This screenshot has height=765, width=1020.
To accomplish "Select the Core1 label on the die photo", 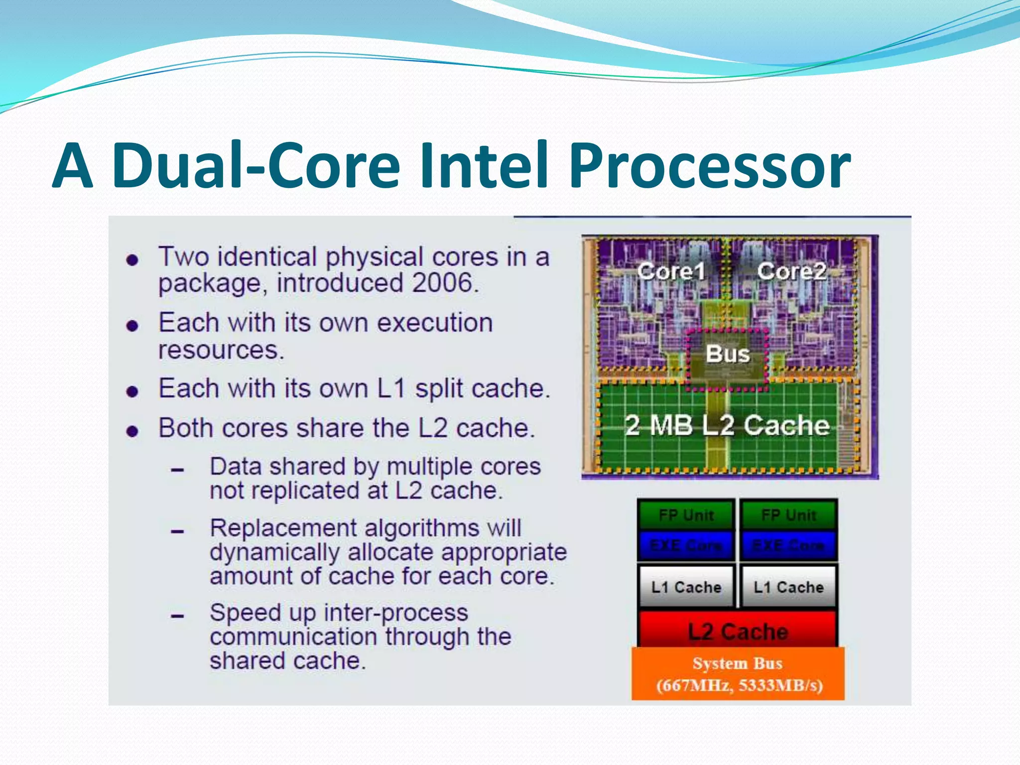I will pyautogui.click(x=671, y=271).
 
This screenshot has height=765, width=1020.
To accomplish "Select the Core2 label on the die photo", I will pyautogui.click(x=791, y=271).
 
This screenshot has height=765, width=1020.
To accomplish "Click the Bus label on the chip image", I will pyautogui.click(x=728, y=354).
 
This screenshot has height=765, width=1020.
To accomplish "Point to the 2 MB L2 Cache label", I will pyautogui.click(x=727, y=426).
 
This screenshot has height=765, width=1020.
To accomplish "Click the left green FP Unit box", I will pyautogui.click(x=686, y=515).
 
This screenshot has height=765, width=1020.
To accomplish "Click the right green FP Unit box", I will pyautogui.click(x=788, y=515).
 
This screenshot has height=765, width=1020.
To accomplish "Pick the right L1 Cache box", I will pyautogui.click(x=788, y=587).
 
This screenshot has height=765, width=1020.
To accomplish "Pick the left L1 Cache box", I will pyautogui.click(x=686, y=587).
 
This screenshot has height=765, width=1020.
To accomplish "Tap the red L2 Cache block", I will pyautogui.click(x=738, y=631).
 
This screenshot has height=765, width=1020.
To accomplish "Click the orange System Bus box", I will pyautogui.click(x=738, y=674).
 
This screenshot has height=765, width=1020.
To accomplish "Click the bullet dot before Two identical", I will pyautogui.click(x=132, y=260).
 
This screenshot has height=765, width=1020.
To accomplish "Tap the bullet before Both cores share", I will pyautogui.click(x=132, y=431).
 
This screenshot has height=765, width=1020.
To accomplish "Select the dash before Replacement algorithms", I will pyautogui.click(x=177, y=531).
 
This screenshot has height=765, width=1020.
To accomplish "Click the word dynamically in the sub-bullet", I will pyautogui.click(x=274, y=552).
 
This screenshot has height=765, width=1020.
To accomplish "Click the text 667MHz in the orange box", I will pyautogui.click(x=695, y=686).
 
